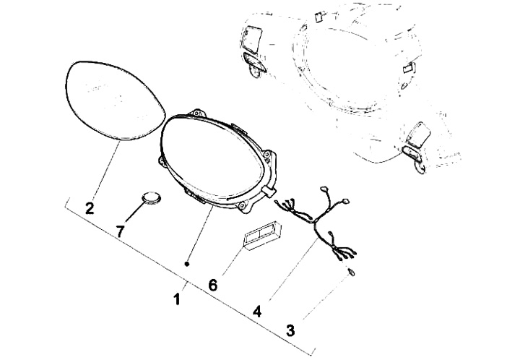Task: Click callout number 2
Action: (90, 208)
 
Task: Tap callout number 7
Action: (120, 231)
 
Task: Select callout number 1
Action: (177, 299)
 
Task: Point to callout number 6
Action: (212, 285)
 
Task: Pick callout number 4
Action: (257, 312)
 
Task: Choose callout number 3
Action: (290, 330)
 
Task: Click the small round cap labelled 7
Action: (152, 197)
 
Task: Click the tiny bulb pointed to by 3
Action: (351, 273)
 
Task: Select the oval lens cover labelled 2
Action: (115, 100)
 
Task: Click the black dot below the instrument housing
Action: (187, 264)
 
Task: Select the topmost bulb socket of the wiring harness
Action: (324, 189)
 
